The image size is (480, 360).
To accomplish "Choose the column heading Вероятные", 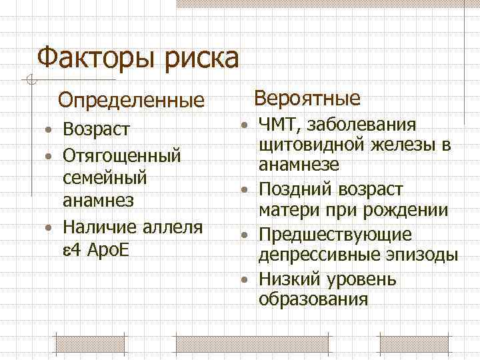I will (x=308, y=99).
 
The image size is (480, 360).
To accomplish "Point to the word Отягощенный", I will (x=121, y=156).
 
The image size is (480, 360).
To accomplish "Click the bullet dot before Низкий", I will (x=246, y=279).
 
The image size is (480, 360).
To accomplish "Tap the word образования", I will (x=313, y=299).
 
